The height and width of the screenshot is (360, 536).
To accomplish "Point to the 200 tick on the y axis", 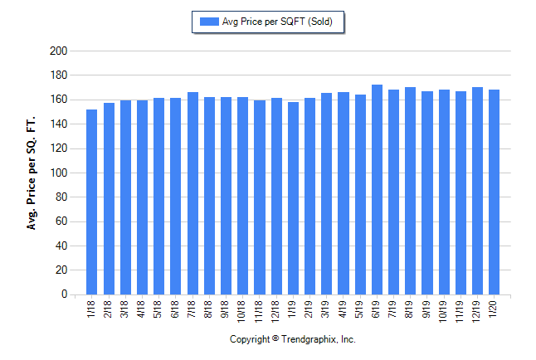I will click(58, 51).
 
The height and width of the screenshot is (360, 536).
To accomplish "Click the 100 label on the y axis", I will click(58, 173).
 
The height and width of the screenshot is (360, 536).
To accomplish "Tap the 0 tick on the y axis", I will click(63, 294).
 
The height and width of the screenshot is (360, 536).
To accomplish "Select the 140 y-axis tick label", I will click(58, 124).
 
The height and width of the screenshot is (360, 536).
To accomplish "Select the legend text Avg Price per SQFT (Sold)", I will click(276, 22).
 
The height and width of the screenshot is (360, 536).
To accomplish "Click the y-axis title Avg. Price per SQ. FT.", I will click(32, 173).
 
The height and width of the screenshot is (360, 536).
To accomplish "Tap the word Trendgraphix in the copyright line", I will click(310, 339).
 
